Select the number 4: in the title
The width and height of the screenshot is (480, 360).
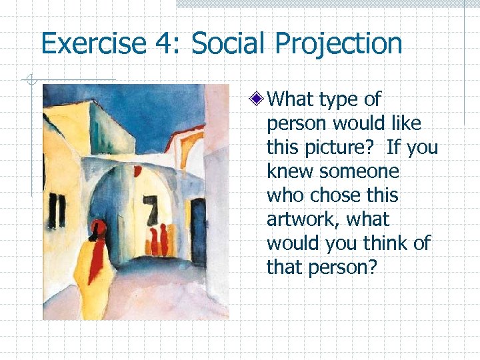[164, 44]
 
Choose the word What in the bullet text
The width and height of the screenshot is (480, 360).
[291, 99]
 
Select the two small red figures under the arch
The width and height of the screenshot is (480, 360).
[159, 240]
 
